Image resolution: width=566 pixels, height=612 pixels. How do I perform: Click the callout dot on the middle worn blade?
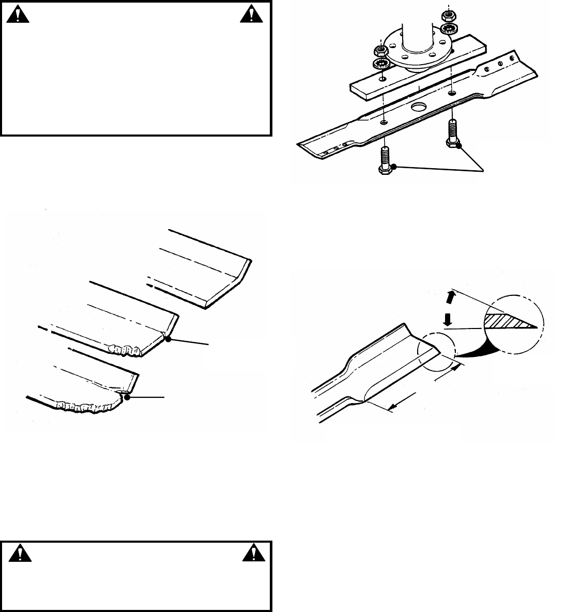[167, 338]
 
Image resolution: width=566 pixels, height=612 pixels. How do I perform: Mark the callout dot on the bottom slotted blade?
[126, 397]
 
